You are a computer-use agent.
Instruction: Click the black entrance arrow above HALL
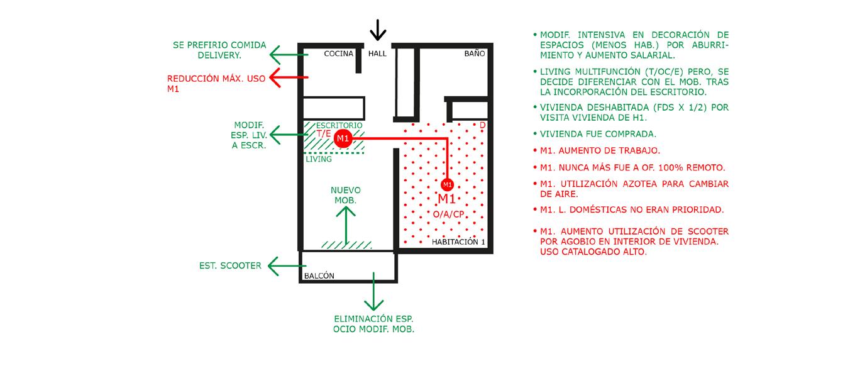coord(377,30)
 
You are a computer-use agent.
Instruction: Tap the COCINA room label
coord(338,54)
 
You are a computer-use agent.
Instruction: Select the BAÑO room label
coord(475,54)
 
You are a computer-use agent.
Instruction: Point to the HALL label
coord(377,54)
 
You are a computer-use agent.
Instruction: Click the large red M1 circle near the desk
coord(343,138)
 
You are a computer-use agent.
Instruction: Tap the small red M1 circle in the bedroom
coord(447,185)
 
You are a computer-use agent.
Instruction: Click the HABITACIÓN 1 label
coord(458,242)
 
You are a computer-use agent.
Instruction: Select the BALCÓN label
coord(319,276)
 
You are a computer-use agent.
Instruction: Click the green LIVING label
coord(319,160)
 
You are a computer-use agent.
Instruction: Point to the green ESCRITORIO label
coord(339,125)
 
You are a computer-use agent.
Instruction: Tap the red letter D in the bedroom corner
coord(482,125)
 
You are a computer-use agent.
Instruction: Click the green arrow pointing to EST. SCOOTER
coord(287,266)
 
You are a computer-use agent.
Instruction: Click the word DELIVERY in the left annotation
coord(219,55)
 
